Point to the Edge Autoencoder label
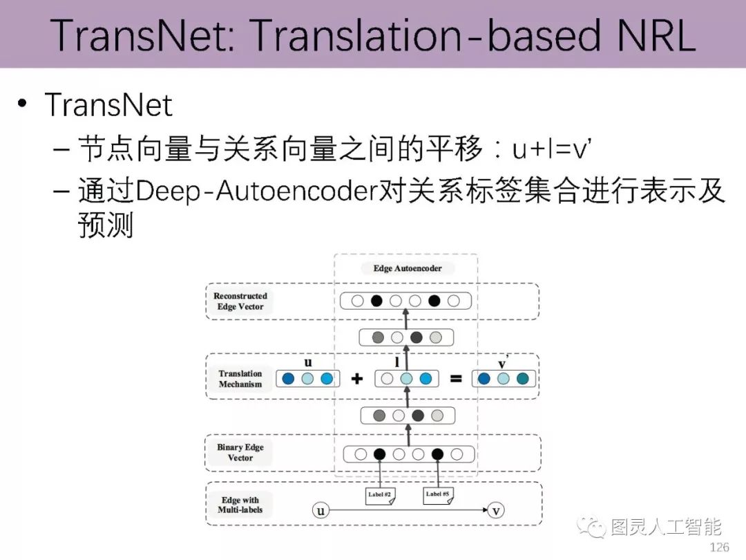[x=408, y=268]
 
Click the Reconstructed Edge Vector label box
[x=240, y=301]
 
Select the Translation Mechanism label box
[x=240, y=379]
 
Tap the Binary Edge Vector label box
[x=240, y=453]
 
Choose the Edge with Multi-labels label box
[x=240, y=505]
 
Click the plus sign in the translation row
[x=357, y=379]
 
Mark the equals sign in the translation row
[x=455, y=379]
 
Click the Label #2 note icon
[x=379, y=495]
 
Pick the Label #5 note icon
[x=438, y=495]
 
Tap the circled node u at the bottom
[x=320, y=512]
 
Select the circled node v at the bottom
[x=495, y=512]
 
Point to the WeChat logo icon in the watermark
[x=596, y=528]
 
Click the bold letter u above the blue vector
[x=308, y=362]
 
